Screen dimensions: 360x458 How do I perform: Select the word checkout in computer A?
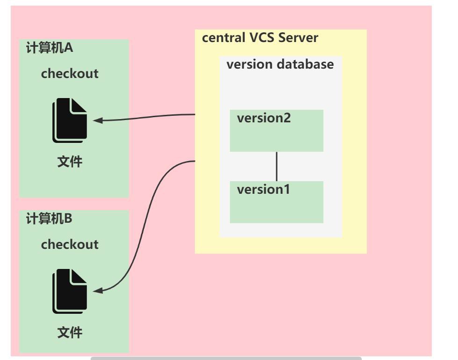70,74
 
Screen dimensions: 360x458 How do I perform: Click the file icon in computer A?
70,120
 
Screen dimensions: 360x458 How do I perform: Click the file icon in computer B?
70,291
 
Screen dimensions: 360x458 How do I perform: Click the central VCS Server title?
260,38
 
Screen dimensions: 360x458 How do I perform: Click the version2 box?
277,131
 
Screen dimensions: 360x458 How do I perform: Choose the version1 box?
277,202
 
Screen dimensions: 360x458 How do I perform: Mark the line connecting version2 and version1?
277,166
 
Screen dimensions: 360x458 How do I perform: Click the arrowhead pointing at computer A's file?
98,120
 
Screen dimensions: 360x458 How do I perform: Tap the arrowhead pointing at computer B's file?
98,291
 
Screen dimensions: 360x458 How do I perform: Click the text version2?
264,118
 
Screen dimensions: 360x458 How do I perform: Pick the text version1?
264,190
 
